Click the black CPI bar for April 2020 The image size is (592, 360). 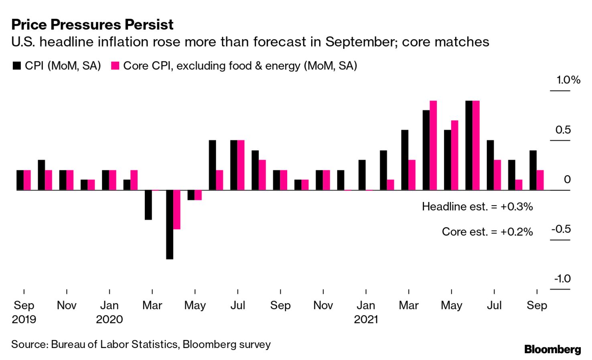(170, 224)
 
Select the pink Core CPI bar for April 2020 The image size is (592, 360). (177, 210)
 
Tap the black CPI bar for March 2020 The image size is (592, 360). (148, 205)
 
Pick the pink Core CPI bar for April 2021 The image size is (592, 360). (433, 145)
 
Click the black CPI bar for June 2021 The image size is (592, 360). (469, 145)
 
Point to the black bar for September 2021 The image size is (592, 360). (533, 170)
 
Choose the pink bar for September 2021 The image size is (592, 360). (540, 180)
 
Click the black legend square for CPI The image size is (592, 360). (16, 66)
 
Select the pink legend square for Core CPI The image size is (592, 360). (115, 66)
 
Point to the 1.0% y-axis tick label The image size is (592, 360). (568, 80)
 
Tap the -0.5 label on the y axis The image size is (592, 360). (561, 229)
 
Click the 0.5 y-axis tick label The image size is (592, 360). (563, 129)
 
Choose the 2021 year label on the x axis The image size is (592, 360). (366, 320)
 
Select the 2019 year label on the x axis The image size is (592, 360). (24, 320)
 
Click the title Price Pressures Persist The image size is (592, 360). (92, 24)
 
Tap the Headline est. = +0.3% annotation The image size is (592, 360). (477, 206)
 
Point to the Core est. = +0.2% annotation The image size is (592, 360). (487, 232)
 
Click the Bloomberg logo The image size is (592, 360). (552, 349)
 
